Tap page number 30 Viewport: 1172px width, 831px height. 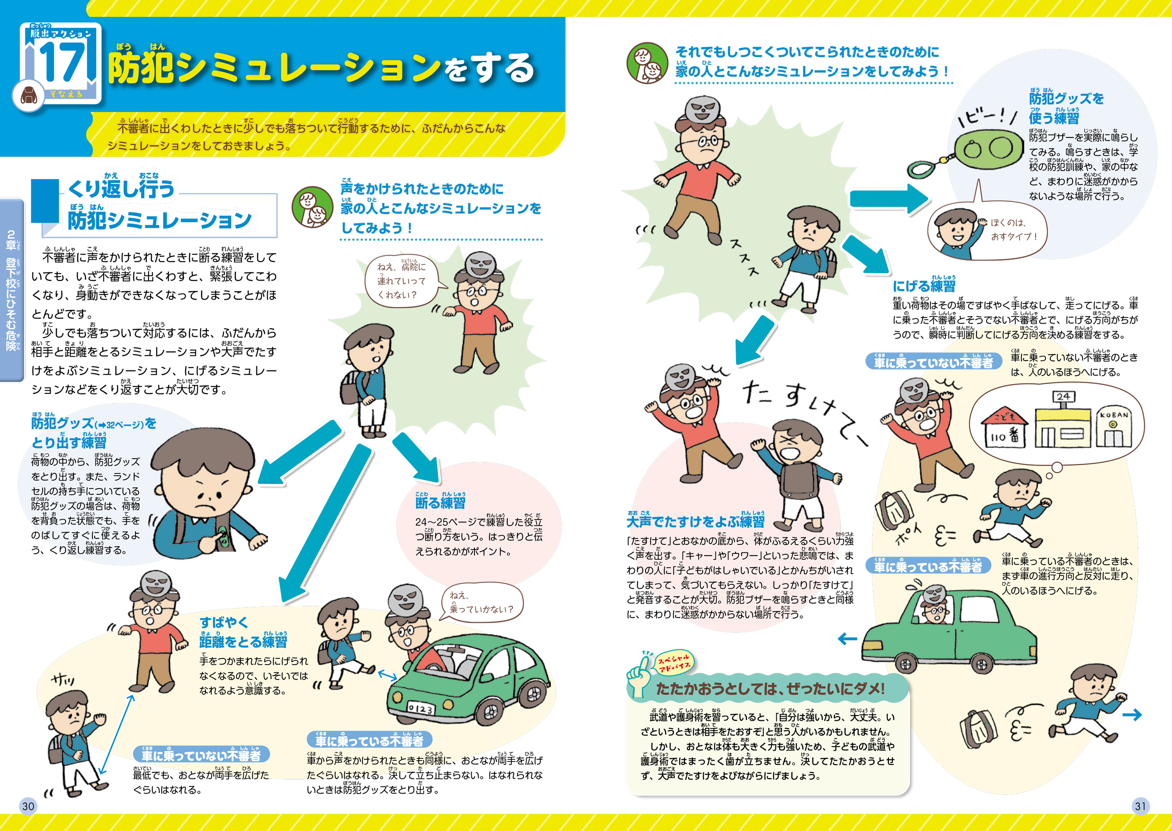tap(28, 806)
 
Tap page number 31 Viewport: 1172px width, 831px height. tap(1140, 806)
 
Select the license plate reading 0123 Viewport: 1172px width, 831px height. tap(421, 709)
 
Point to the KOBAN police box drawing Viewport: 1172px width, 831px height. tap(1113, 428)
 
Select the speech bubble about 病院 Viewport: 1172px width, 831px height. tap(402, 280)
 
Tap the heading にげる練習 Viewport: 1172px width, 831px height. tap(924, 286)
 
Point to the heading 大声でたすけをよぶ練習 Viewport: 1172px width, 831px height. tap(696, 521)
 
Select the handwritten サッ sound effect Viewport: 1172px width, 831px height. tap(63, 680)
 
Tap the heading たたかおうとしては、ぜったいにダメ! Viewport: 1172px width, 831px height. tap(770, 689)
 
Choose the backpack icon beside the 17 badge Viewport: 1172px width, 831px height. tap(29, 96)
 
